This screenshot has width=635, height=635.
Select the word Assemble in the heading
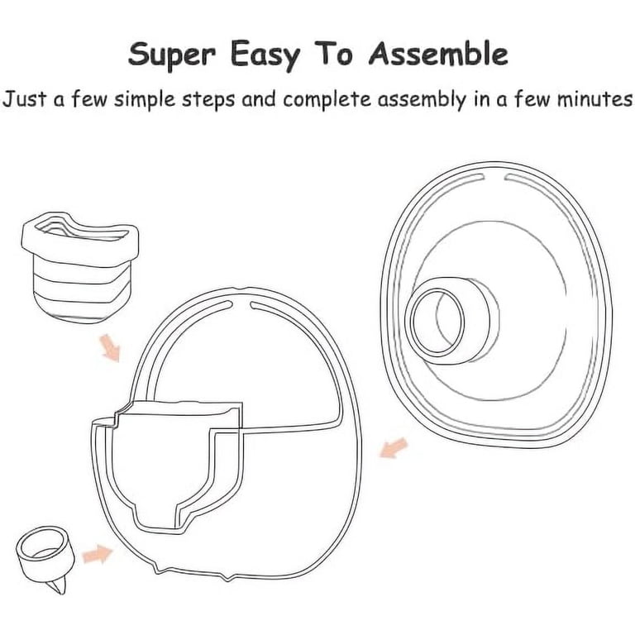[x=438, y=54]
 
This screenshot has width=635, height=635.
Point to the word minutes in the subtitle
[x=594, y=99]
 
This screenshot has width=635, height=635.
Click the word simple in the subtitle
[x=145, y=100]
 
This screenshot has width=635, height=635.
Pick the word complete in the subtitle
[x=327, y=100]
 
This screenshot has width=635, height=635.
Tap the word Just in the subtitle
[x=25, y=99]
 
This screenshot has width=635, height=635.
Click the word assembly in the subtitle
[x=422, y=100]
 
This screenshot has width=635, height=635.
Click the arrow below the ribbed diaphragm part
[x=110, y=347]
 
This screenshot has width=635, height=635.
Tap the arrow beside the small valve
[x=98, y=554]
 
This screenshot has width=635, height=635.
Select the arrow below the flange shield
[x=394, y=447]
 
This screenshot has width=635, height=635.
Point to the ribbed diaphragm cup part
[x=80, y=266]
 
